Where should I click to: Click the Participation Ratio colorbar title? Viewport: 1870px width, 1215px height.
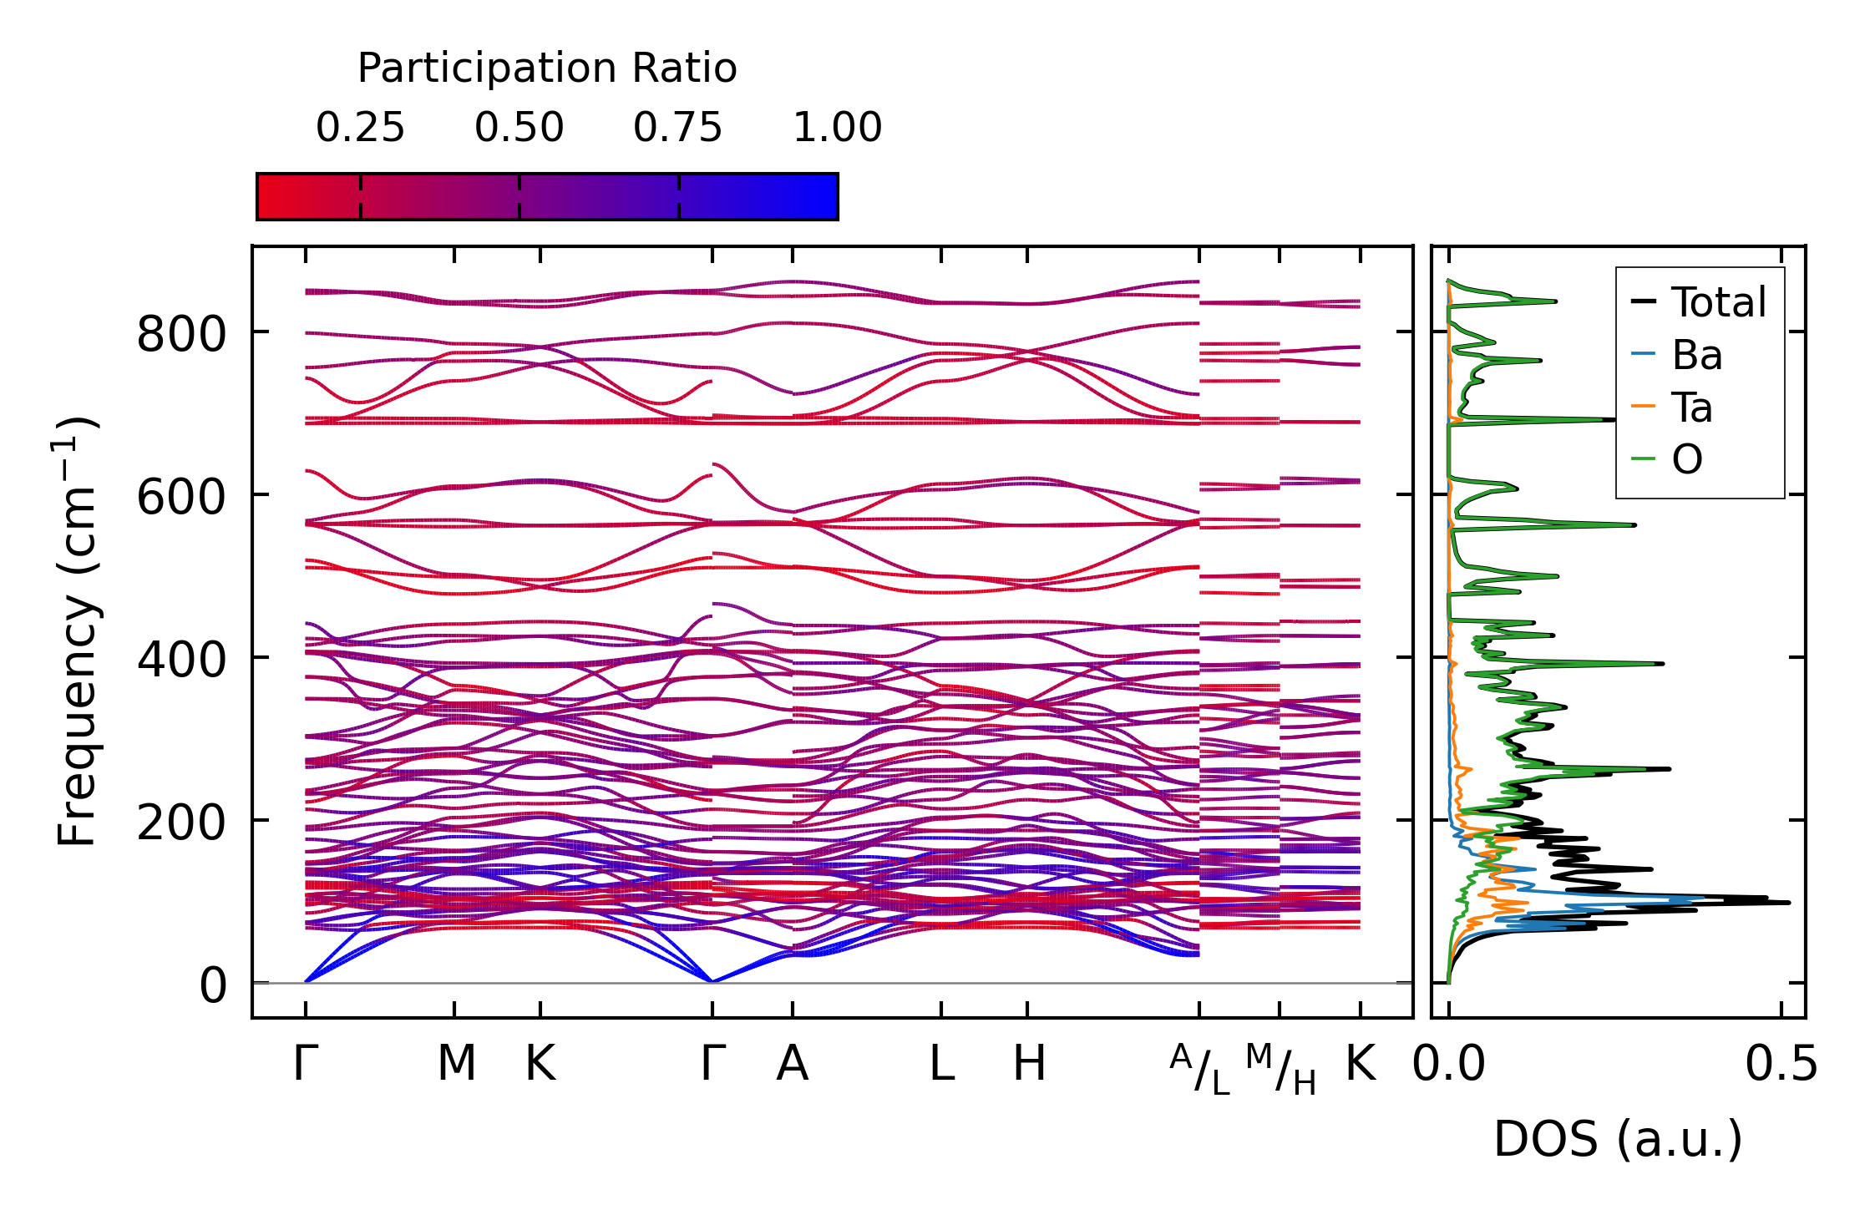tap(547, 68)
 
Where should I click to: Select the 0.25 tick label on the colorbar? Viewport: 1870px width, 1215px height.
tap(360, 128)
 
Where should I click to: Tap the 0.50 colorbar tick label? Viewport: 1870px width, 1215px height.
tap(519, 128)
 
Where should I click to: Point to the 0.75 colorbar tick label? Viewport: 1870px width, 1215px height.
tap(677, 128)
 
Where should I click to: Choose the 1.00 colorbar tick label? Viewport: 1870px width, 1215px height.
tap(837, 128)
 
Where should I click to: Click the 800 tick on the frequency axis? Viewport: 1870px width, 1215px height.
tap(181, 335)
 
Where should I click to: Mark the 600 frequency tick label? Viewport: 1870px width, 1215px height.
tap(181, 498)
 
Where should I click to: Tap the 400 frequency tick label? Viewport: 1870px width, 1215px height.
tap(181, 660)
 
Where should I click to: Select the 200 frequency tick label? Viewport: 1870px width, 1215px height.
tap(181, 823)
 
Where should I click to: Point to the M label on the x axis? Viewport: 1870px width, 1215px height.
tap(456, 1064)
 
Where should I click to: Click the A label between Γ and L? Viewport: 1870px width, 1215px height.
tap(792, 1064)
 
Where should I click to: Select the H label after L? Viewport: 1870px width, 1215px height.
tap(1029, 1064)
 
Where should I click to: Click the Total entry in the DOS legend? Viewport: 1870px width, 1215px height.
tap(1718, 302)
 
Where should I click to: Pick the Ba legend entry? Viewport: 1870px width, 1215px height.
tap(1696, 355)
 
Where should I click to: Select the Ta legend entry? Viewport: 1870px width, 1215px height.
tap(1691, 408)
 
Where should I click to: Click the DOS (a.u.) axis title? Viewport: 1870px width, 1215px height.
tap(1618, 1139)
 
